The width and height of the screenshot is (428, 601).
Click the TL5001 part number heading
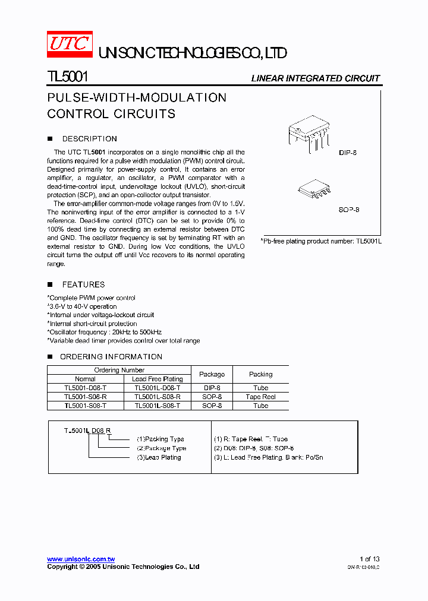coord(68,77)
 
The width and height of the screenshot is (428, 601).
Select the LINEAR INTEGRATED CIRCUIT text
coord(315,78)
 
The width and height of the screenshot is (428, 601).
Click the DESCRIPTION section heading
coord(89,139)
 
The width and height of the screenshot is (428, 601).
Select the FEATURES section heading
coord(83,285)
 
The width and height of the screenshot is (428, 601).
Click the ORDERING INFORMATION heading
coord(111,357)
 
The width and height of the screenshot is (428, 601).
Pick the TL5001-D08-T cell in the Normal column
coord(86,388)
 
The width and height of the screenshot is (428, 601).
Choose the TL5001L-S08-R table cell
coord(157,397)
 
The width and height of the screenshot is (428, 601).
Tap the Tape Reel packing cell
coord(260,397)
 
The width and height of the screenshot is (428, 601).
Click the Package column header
coord(212,374)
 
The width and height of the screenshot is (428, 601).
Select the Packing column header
coord(260,374)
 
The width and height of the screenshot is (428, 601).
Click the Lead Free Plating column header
coord(157,379)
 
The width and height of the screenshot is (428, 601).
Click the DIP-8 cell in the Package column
coord(212,388)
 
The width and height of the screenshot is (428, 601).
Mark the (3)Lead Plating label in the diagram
coord(159,458)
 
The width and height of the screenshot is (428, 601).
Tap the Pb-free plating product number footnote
coord(321,241)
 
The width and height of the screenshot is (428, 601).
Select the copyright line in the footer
coord(123,567)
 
